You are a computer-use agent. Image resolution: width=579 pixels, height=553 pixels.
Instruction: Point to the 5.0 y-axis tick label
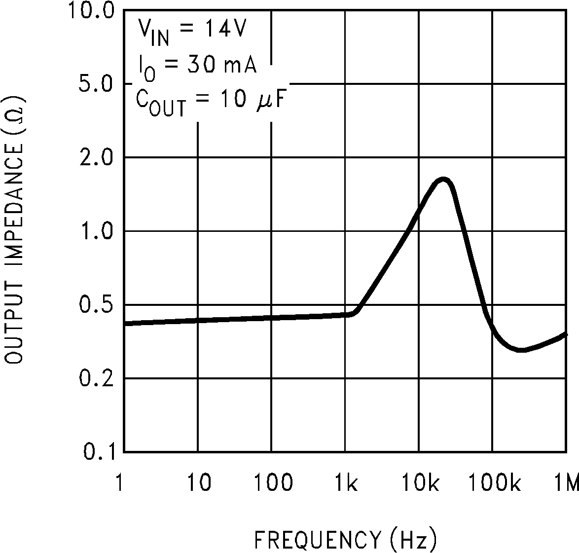point(97,84)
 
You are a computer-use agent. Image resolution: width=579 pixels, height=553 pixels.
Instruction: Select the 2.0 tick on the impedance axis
point(97,157)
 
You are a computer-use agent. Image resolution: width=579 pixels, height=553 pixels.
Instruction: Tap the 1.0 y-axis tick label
point(97,231)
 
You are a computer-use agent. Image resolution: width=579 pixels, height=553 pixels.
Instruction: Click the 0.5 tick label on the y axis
point(97,304)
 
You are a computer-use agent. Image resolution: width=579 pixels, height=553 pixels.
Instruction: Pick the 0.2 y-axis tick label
point(97,378)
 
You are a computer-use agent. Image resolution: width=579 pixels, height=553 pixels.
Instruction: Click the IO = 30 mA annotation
point(196,67)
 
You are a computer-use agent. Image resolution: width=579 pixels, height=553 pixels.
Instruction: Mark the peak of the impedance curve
point(443,180)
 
